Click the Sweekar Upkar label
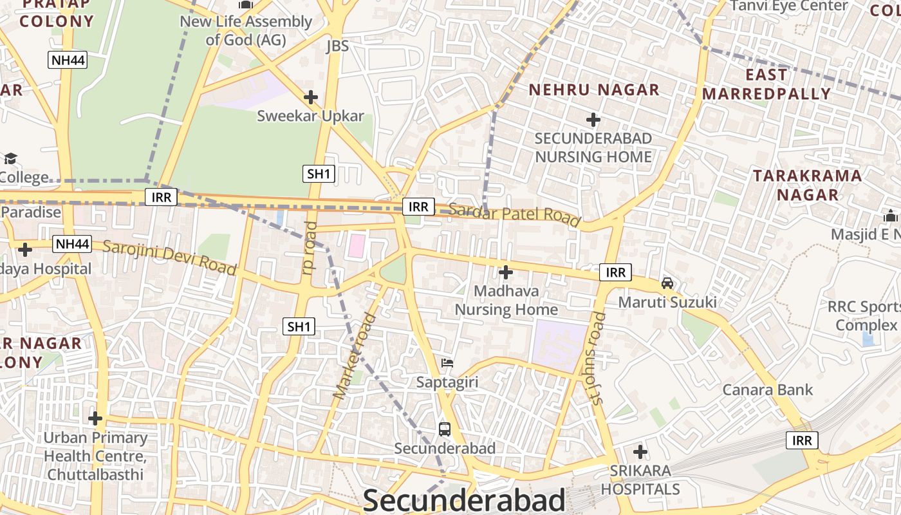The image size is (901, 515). pos(310,117)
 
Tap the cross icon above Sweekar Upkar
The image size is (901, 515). pos(311,97)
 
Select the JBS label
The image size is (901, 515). pos(337,46)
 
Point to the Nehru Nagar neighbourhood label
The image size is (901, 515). pos(594,90)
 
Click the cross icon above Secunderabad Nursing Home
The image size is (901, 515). pos(593,120)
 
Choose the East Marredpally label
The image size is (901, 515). pos(766,84)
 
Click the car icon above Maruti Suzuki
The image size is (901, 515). pos(667,283)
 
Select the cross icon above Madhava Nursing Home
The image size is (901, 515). pos(506,272)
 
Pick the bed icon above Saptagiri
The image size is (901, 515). pos(447,363)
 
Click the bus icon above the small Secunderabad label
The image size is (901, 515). pos(444,429)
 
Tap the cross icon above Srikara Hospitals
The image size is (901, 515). pos(640,451)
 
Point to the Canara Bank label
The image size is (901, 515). pos(767,389)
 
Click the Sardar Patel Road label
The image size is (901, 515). pos(514,213)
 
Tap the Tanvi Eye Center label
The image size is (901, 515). pos(789,6)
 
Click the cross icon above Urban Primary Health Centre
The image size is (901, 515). pos(95,419)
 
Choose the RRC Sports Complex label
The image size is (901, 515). pos(866,316)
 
